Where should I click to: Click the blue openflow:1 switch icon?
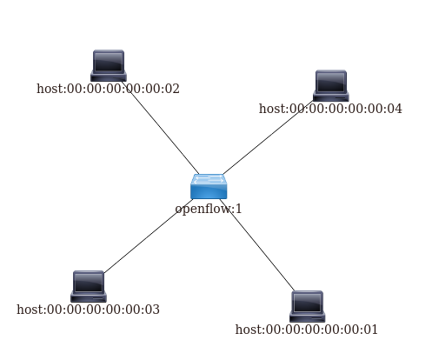click(209, 186)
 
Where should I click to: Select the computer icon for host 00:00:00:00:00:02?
click(109, 65)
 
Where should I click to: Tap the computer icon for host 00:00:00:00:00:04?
click(331, 86)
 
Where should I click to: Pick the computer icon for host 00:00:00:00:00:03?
click(89, 286)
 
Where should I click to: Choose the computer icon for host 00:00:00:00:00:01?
click(308, 306)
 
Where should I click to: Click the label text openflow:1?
click(209, 209)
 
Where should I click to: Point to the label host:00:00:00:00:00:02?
click(108, 89)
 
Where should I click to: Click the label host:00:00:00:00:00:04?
click(330, 109)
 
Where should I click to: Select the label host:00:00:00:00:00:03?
click(89, 310)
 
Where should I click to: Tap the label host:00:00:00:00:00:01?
click(307, 330)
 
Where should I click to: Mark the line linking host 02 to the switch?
click(160, 128)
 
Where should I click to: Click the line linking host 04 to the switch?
click(269, 137)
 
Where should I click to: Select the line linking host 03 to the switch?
click(149, 237)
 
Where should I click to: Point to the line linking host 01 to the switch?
click(257, 245)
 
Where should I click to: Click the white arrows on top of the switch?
click(209, 179)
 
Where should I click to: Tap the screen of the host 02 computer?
click(109, 62)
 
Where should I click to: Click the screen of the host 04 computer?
click(331, 82)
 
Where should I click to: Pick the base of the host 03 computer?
click(89, 297)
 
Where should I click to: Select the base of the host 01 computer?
click(308, 317)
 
